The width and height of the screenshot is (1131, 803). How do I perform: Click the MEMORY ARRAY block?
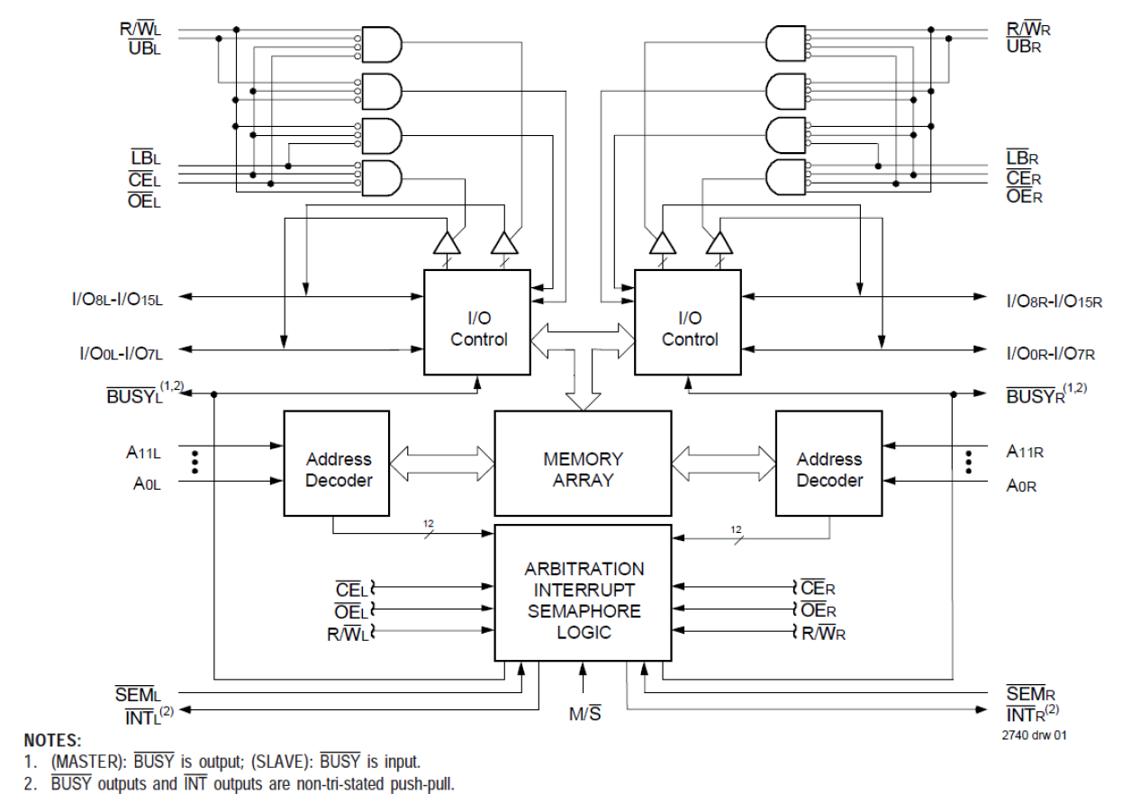tap(583, 468)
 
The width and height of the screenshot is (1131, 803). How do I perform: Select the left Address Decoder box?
tap(337, 468)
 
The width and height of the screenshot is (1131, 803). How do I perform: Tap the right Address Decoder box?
tap(828, 468)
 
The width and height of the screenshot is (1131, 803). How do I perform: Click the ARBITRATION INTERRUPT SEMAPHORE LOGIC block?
tap(584, 600)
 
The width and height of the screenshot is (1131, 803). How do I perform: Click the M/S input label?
tap(584, 715)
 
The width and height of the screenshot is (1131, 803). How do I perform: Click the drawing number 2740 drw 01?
tap(1035, 735)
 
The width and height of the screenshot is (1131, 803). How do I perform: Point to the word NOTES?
tap(53, 741)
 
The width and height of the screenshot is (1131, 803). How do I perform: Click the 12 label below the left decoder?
tap(430, 524)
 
